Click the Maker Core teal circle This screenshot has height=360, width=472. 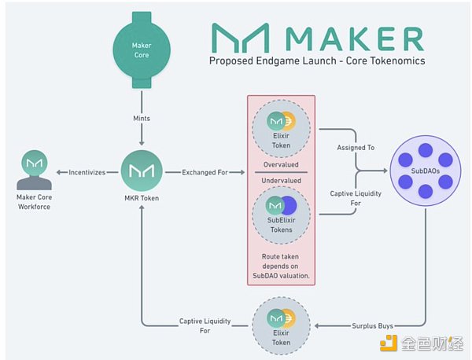(x=142, y=50)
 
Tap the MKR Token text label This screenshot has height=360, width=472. (x=142, y=198)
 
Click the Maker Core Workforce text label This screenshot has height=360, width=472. (x=34, y=202)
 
